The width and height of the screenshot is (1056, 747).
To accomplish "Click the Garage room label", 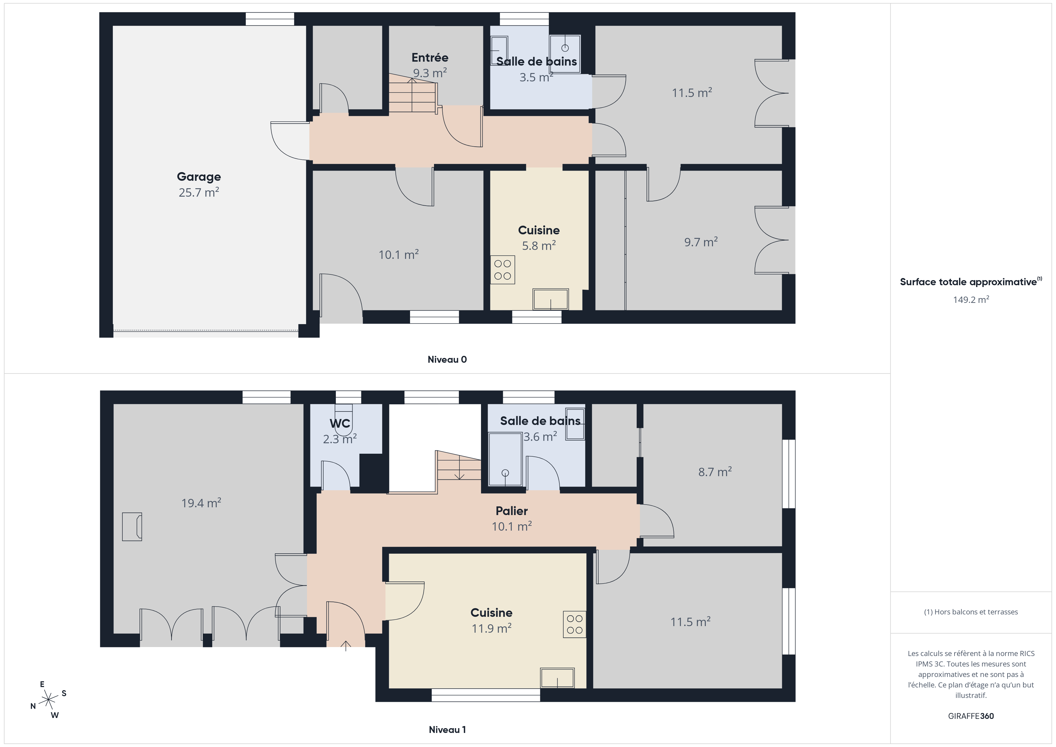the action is pyautogui.click(x=199, y=177).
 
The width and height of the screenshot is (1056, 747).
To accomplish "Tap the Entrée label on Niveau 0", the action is pyautogui.click(x=430, y=57).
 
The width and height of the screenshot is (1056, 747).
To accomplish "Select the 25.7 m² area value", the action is pyautogui.click(x=199, y=192).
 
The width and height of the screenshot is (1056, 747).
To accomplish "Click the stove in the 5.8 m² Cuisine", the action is pyautogui.click(x=502, y=270).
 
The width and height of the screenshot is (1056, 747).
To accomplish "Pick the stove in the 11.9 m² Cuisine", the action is pyautogui.click(x=574, y=624).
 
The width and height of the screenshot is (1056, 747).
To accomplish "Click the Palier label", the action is pyautogui.click(x=512, y=511).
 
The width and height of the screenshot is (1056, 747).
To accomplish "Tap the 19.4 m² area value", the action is pyautogui.click(x=201, y=503).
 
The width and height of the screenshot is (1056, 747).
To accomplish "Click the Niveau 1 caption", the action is pyautogui.click(x=447, y=730).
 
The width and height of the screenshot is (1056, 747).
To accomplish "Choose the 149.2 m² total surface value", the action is pyautogui.click(x=971, y=300).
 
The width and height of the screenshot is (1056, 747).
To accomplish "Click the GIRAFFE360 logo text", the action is pyautogui.click(x=971, y=716).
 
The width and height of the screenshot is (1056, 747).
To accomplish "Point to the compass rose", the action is pyautogui.click(x=48, y=700).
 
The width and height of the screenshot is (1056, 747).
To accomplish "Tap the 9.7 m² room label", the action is pyautogui.click(x=701, y=242).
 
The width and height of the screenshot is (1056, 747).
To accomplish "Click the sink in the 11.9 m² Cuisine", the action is pyautogui.click(x=557, y=678).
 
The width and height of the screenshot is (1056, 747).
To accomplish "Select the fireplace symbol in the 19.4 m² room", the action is pyautogui.click(x=132, y=527).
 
